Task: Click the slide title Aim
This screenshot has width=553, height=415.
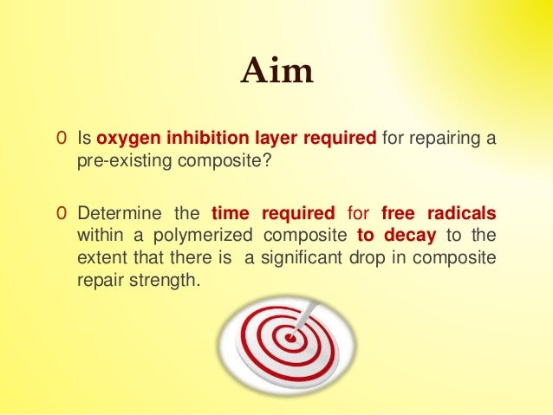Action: (x=276, y=71)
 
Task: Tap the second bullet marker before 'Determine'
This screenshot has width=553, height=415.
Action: (x=60, y=213)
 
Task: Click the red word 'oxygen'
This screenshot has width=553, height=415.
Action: (x=123, y=139)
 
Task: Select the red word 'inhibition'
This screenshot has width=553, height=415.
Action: (x=190, y=139)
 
